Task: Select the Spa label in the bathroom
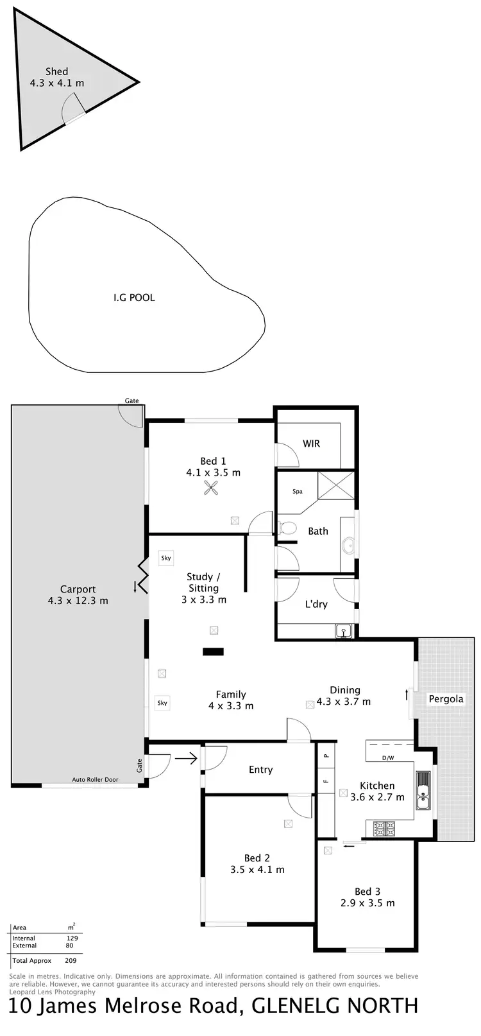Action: pos(298,492)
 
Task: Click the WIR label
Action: pos(311,444)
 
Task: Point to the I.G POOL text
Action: pos(134,298)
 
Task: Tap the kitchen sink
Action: pos(423,790)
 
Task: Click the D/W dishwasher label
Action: pos(388,758)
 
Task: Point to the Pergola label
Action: pos(446,699)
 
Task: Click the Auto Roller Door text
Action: pos(95,780)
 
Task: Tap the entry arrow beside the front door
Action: pos(186,759)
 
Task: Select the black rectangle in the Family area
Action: pos(213,652)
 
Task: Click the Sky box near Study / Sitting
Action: pos(166,558)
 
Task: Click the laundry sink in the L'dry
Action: pos(344,632)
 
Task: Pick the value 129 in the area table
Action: pos(72,938)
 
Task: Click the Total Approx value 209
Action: pos(71,961)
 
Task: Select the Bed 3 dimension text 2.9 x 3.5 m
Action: pos(367,903)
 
